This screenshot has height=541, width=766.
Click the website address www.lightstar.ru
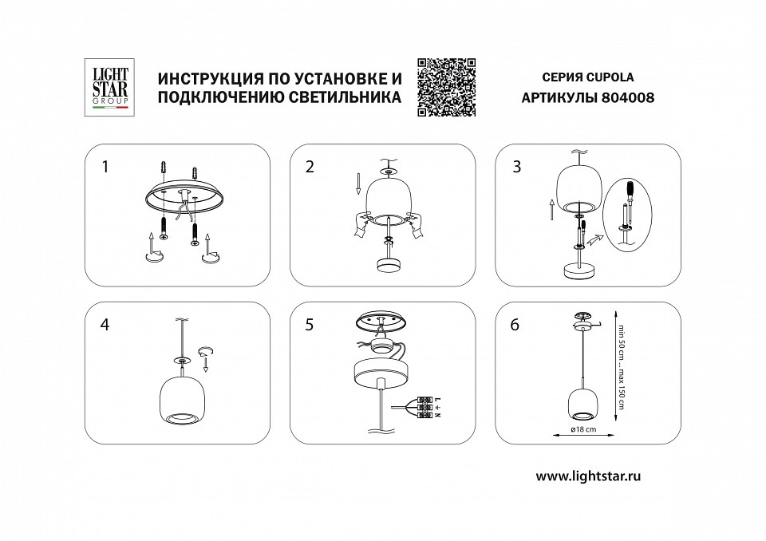tap(589, 476)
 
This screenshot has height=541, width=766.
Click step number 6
tap(515, 325)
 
